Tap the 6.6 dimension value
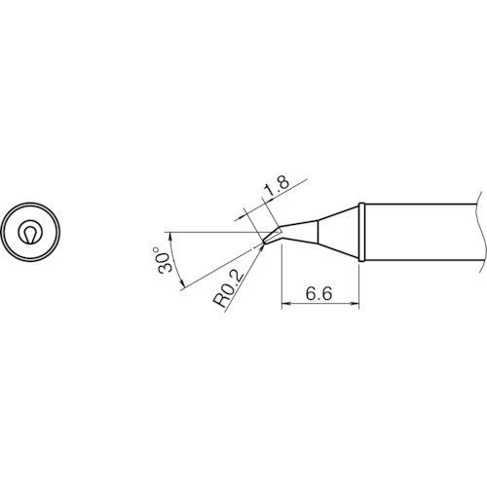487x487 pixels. tap(318, 294)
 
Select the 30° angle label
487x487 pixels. tap(163, 260)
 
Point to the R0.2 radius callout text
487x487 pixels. tap(228, 289)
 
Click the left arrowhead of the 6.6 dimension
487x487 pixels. tap(285, 304)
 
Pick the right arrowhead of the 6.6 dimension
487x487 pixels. tap(355, 304)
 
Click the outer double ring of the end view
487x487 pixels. tap(30, 203)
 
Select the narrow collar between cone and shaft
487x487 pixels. tap(361, 232)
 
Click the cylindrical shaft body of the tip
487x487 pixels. tap(422, 232)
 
